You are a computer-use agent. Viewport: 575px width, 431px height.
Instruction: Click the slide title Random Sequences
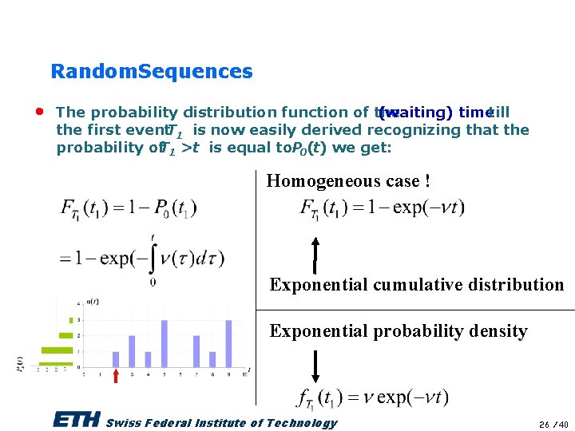151,72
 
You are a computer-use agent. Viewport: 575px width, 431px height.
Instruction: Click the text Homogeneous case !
348,181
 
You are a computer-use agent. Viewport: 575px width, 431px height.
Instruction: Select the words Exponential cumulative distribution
416,285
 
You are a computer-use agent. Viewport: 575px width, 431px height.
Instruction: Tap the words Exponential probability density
398,331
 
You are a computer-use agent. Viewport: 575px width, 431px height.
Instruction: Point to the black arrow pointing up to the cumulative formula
315,255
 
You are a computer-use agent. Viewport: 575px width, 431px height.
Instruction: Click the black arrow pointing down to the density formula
315,366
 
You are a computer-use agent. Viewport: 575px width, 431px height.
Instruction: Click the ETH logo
77,421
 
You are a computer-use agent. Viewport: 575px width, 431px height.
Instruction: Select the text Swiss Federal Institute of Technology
221,423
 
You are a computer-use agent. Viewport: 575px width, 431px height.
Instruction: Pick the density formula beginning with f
372,397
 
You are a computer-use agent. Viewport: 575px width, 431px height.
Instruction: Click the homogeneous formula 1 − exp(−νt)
382,208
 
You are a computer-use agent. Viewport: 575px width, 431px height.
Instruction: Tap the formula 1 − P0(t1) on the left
129,208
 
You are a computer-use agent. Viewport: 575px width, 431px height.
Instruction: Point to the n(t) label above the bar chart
92,301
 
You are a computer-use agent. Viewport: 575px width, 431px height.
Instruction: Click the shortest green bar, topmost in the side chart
70,320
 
